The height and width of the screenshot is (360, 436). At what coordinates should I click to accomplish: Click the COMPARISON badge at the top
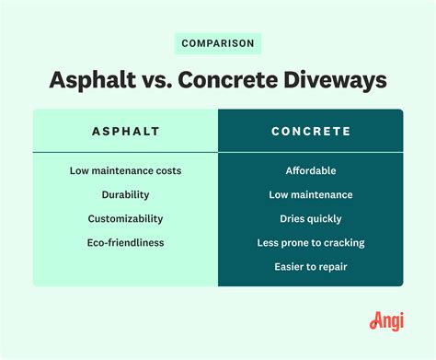(218, 43)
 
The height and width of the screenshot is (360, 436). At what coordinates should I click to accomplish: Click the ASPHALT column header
(125, 132)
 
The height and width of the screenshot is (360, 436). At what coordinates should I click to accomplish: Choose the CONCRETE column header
(310, 132)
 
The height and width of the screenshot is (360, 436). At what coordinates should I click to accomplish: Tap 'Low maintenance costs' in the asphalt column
(125, 171)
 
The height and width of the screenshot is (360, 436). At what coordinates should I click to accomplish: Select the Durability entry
(125, 195)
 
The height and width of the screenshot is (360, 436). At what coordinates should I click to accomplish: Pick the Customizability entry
(125, 219)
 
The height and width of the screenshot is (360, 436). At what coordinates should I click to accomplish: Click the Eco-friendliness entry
(125, 243)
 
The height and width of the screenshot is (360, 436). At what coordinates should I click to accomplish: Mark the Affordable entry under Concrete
(310, 171)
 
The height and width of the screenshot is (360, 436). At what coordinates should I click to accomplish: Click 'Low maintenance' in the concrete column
(310, 195)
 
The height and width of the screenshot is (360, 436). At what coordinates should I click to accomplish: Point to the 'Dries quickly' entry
(310, 219)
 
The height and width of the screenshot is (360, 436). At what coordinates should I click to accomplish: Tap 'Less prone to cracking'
(310, 243)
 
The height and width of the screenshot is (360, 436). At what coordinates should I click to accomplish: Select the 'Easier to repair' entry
(310, 267)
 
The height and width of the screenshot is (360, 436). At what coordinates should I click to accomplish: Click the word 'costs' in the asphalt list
(166, 171)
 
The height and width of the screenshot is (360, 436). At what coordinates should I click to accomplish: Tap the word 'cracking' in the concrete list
(341, 243)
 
